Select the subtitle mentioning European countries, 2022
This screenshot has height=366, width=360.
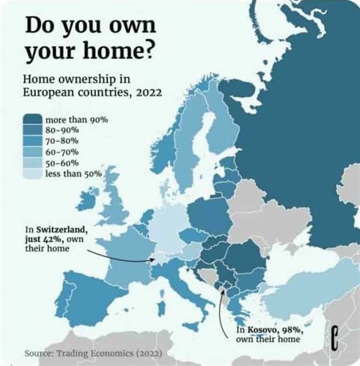click(92, 85)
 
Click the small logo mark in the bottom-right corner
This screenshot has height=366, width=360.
click(335, 338)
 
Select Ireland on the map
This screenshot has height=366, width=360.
click(87, 201)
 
